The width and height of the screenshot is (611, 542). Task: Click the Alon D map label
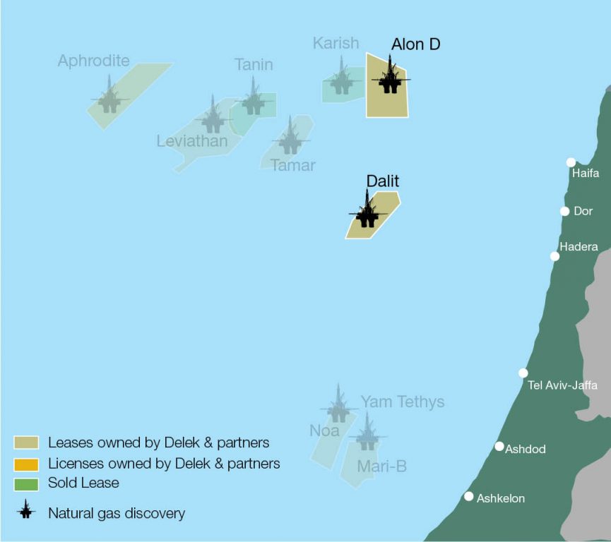tap(415, 44)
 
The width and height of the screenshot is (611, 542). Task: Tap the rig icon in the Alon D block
tap(389, 78)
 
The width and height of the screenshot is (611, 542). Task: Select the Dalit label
tap(382, 181)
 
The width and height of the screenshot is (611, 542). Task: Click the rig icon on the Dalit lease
tap(367, 211)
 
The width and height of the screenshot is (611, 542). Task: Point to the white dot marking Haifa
tap(571, 162)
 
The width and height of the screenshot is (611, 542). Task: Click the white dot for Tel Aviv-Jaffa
tap(523, 373)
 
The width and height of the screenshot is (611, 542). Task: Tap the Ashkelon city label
tap(501, 498)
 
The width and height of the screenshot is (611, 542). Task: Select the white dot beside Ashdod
tap(499, 446)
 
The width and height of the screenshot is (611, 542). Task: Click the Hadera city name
tap(579, 247)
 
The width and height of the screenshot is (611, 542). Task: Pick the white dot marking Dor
tap(564, 211)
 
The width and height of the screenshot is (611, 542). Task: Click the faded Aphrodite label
tap(93, 61)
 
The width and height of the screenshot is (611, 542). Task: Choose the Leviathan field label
tap(192, 141)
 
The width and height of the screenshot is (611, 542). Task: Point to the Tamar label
tap(293, 165)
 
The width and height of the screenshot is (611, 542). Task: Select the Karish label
tap(336, 44)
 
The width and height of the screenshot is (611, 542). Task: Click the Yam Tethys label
tap(403, 402)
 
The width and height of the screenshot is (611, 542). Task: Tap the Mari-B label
tap(381, 466)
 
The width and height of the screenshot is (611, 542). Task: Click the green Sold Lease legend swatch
tap(25, 483)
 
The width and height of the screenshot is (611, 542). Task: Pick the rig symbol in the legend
tap(26, 512)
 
